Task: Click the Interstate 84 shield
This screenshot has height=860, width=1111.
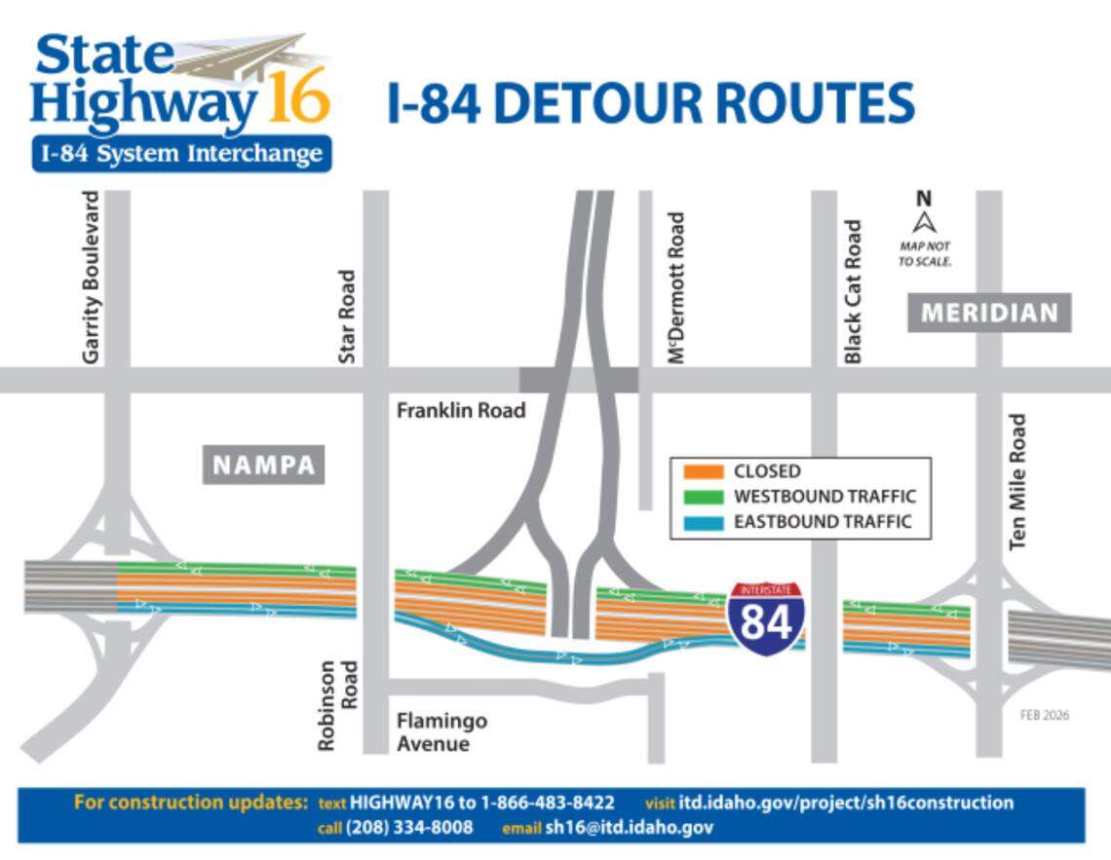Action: point(766,618)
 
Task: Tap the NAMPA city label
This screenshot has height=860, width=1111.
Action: point(263,465)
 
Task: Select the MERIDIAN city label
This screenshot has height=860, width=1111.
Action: point(989,313)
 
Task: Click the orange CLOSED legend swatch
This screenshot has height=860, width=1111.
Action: point(704,471)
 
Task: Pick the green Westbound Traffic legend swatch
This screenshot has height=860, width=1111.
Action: point(704,497)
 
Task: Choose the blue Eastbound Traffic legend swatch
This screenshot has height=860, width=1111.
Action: point(704,522)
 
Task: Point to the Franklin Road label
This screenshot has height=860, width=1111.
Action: point(460,410)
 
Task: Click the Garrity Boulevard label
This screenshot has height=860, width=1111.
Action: point(92,278)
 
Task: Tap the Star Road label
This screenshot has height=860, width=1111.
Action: point(347,318)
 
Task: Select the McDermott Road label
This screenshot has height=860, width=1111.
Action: point(677,289)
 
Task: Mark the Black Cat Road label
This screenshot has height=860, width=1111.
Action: point(854,291)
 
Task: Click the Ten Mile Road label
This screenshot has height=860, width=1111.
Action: point(1018,482)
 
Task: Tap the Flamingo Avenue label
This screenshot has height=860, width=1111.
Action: point(441,732)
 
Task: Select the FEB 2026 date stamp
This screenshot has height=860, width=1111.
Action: point(1044,715)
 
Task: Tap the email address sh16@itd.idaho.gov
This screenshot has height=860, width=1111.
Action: point(629,828)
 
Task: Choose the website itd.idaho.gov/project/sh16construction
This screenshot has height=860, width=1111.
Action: point(846,803)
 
